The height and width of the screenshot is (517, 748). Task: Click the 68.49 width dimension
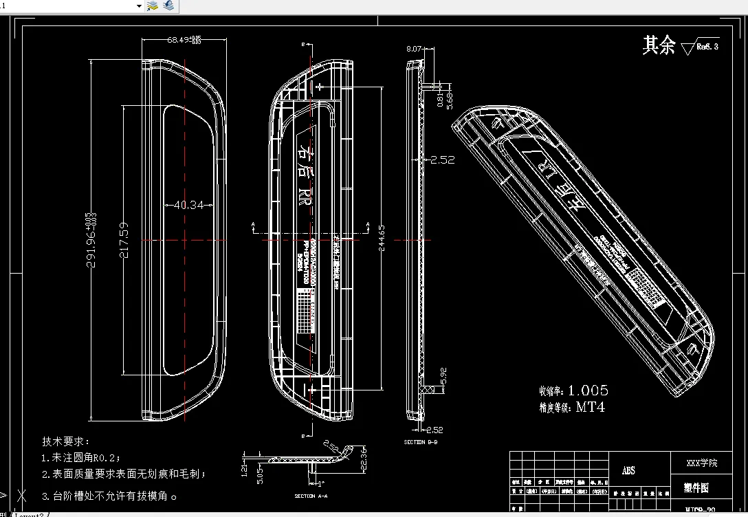(184, 40)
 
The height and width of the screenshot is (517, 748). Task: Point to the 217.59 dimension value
(124, 239)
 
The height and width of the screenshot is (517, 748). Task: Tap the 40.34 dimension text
(188, 205)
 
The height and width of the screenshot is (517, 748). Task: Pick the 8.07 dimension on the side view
(414, 49)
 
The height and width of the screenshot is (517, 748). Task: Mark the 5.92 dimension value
(443, 375)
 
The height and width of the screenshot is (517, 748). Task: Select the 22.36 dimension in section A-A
(365, 461)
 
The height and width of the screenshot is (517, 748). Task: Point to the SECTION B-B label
(420, 442)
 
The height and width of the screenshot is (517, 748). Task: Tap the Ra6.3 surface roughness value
(707, 47)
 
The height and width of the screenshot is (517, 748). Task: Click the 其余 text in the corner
(659, 45)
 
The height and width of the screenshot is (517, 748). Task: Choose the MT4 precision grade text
(590, 407)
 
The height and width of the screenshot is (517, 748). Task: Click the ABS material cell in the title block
(628, 471)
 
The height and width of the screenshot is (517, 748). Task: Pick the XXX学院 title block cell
(702, 463)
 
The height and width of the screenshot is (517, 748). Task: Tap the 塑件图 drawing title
(696, 487)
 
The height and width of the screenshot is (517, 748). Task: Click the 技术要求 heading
(66, 441)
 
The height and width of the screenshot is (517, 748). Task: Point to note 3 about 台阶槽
(110, 495)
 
